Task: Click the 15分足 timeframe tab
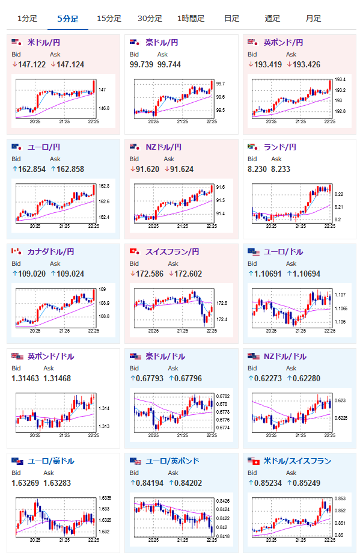(109, 19)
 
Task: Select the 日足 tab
(231, 19)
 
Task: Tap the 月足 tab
(313, 19)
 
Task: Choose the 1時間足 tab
(191, 19)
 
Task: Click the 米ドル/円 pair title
(44, 43)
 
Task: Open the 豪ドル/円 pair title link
(162, 43)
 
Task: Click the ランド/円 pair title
(280, 147)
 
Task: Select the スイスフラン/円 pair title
(172, 252)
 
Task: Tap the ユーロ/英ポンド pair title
(172, 461)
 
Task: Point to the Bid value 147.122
(32, 64)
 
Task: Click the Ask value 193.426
(307, 64)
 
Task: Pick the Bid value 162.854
(32, 169)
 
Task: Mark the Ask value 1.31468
(57, 378)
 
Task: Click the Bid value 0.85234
(268, 483)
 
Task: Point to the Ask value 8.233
(281, 169)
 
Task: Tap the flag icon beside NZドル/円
(135, 147)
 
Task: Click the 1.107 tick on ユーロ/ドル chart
(340, 295)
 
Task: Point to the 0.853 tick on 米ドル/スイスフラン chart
(340, 498)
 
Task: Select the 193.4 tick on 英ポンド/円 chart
(340, 79)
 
